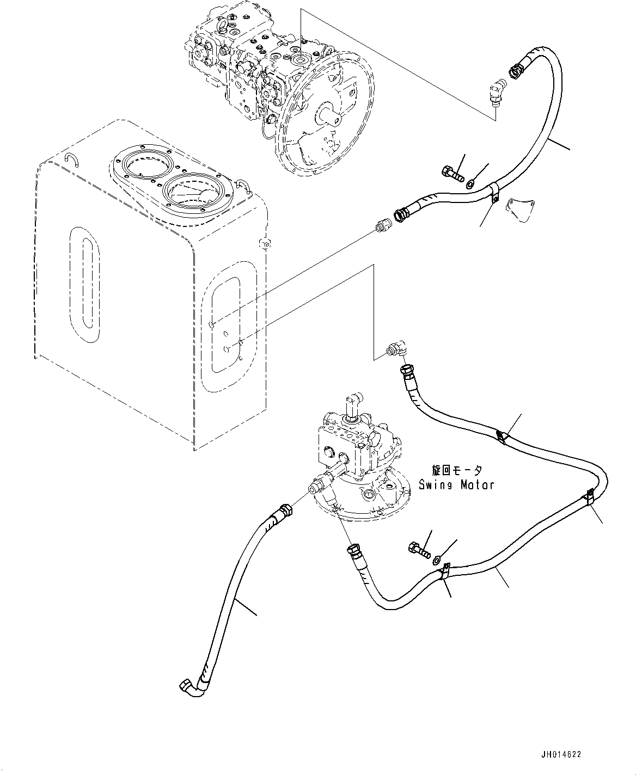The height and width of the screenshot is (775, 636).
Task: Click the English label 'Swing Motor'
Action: click(x=456, y=484)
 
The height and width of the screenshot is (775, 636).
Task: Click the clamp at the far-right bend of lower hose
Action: click(x=589, y=497)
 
